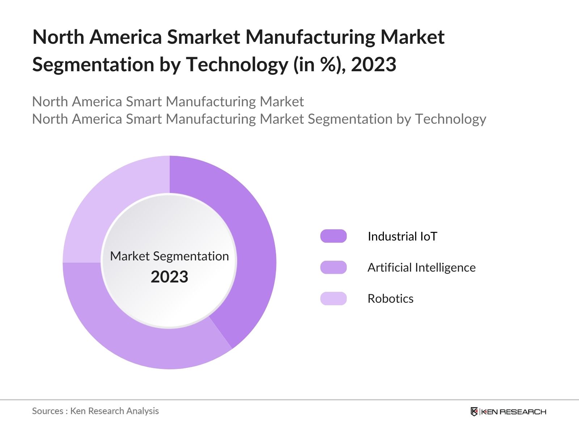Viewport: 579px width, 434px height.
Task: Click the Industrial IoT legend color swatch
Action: (333, 236)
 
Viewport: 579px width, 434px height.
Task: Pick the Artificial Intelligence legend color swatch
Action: (333, 267)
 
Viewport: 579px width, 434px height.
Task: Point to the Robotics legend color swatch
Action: (333, 298)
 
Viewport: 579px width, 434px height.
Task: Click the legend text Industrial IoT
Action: (402, 237)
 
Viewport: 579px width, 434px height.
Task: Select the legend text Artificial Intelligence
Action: (421, 268)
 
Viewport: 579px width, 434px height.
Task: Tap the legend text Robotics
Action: (390, 299)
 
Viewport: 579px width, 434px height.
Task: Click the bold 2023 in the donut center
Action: (169, 277)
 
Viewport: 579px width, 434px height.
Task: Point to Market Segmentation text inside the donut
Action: (169, 256)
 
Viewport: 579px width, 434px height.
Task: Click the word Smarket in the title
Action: (203, 37)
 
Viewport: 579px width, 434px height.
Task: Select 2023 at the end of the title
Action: (373, 65)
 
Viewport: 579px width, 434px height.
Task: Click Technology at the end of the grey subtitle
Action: (450, 119)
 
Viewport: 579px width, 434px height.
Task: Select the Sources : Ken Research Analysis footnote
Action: (95, 411)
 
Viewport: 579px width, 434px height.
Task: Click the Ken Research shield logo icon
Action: (474, 412)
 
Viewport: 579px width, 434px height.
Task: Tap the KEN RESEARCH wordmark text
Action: (513, 412)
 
